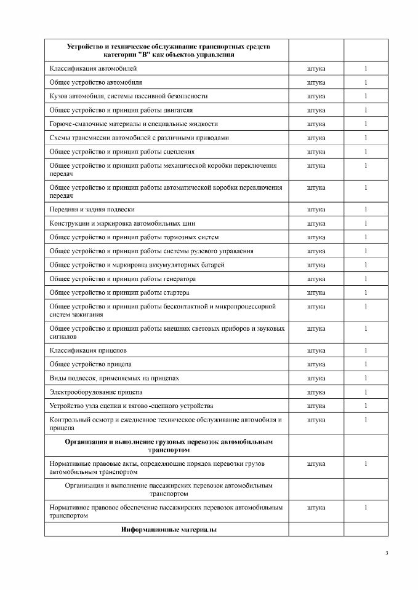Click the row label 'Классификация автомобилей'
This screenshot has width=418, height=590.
[x=89, y=68]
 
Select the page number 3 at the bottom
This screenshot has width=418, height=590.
[x=387, y=554]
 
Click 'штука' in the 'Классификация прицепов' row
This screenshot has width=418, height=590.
[x=316, y=350]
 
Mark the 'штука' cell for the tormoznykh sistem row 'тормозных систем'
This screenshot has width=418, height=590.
[x=316, y=237]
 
